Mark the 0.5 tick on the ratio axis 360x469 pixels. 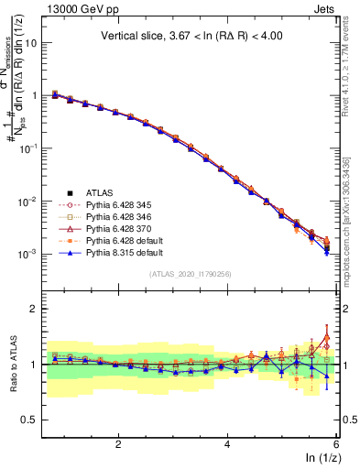coord(35,420)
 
